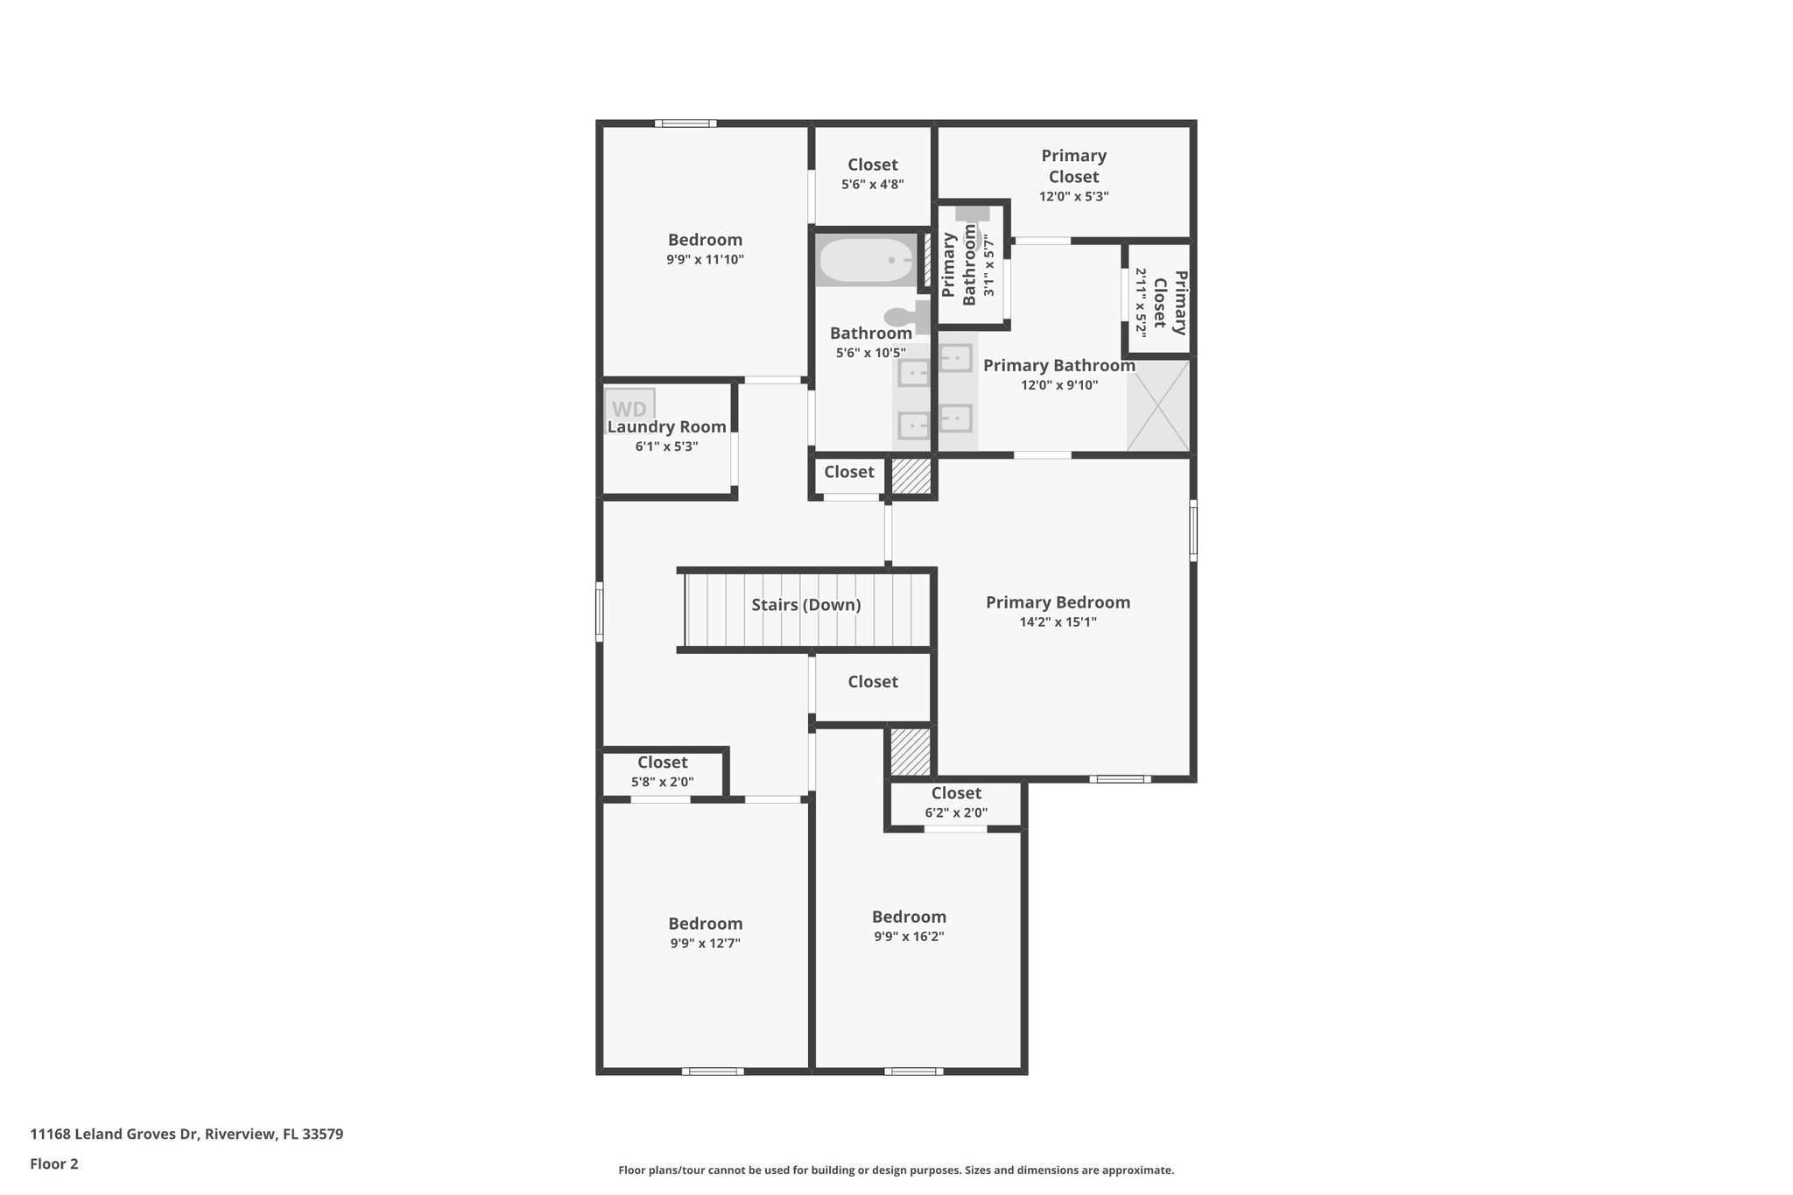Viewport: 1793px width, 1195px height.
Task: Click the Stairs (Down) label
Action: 806,605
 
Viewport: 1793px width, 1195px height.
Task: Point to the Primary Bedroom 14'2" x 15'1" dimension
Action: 1058,622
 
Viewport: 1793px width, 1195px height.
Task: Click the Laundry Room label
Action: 666,427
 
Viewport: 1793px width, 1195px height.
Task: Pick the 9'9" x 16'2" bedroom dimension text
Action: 909,937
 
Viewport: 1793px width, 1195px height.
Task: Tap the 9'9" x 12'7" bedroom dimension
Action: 706,944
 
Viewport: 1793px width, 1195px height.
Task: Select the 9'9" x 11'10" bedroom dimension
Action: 706,260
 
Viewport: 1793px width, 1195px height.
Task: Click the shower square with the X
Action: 1158,405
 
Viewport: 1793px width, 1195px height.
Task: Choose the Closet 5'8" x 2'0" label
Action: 663,771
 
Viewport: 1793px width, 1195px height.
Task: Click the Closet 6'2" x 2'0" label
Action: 956,802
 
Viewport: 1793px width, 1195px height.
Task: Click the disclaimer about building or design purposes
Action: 896,1170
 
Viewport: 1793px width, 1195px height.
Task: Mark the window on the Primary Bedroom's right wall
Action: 1192,530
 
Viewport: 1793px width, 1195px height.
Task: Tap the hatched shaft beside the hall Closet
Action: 911,476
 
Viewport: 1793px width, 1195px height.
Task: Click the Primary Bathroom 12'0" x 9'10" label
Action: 1059,375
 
